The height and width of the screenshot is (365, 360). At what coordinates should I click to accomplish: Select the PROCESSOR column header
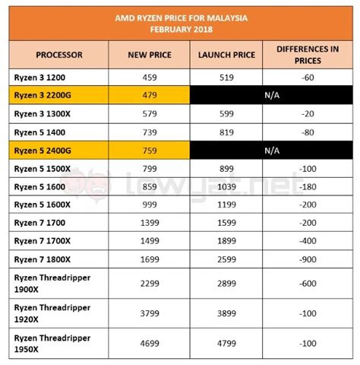tap(58, 56)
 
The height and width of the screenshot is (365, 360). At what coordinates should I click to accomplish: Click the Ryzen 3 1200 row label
tap(43, 78)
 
